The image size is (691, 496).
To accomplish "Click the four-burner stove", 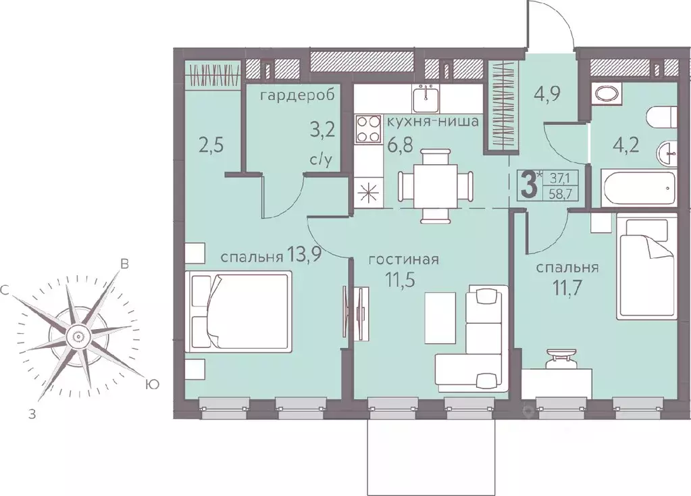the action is tap(368, 129).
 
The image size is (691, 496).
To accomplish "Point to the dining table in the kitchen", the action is tap(436, 184).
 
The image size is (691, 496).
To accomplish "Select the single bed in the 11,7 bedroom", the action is tap(646, 266).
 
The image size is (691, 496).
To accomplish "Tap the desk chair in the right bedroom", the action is tap(561, 357).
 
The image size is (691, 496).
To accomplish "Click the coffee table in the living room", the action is tap(440, 318).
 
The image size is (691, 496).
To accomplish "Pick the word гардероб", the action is tap(297, 96).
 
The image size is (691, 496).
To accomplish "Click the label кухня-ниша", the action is tap(433, 121).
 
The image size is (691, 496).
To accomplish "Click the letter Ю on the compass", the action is tap(151, 385).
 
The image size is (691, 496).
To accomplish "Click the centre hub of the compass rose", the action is tap(77, 337).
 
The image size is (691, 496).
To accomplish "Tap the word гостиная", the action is tap(404, 259).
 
